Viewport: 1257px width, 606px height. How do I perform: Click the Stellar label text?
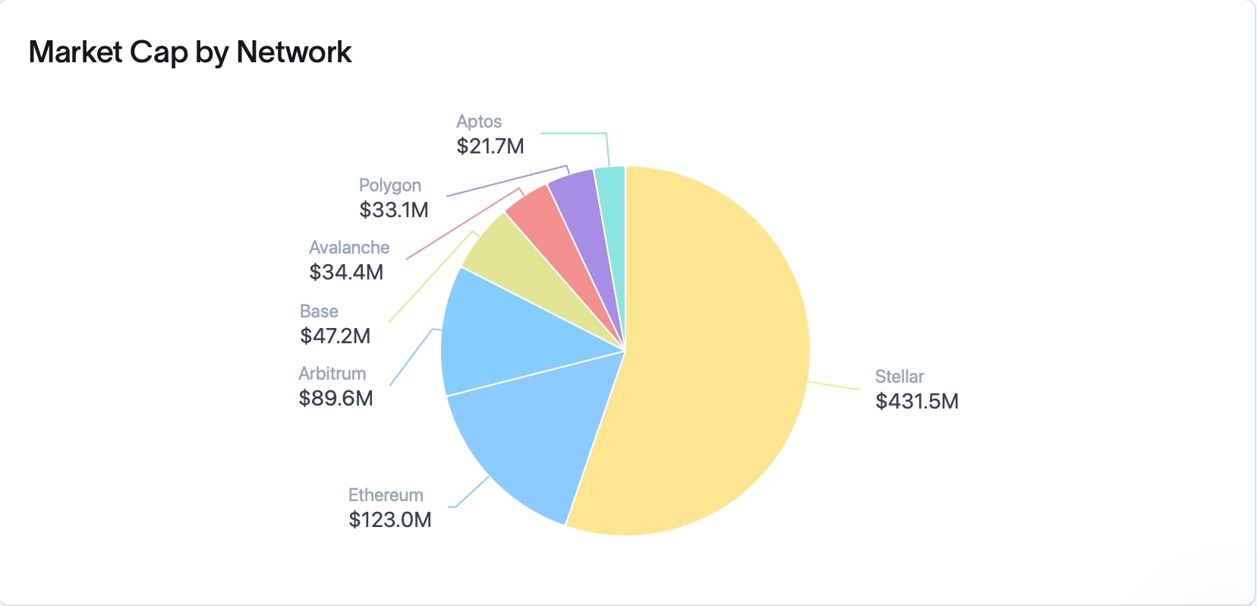point(899,377)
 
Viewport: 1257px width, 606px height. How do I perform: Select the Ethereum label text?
point(386,495)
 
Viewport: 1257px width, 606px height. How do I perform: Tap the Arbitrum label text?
point(332,374)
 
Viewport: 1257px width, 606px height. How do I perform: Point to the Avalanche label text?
point(349,248)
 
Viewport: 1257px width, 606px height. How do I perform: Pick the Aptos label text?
point(479,122)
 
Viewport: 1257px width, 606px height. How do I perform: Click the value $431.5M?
point(917,401)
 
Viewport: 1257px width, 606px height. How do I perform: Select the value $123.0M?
point(390,519)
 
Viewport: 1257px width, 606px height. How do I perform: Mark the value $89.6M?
point(336,398)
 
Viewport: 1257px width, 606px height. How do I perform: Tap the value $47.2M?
point(335,336)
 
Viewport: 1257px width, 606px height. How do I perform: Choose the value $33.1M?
point(394,210)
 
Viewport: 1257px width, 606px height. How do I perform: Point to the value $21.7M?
point(490,146)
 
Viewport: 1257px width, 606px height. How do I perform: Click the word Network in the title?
point(294,52)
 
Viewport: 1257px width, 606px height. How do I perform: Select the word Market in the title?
point(75,52)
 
